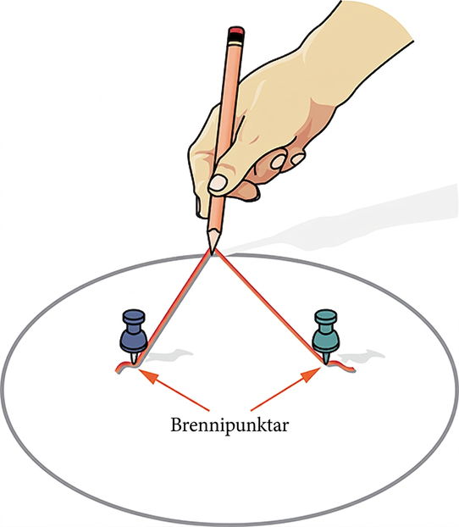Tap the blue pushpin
tap(134, 336)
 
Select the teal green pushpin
tap(325, 336)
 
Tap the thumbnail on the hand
tap(218, 182)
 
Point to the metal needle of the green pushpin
tap(326, 359)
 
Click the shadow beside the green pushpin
tap(362, 356)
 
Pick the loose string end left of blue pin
tap(122, 367)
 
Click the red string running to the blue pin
tap(174, 308)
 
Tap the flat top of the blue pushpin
tap(134, 316)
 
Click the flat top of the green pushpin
tap(325, 316)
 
